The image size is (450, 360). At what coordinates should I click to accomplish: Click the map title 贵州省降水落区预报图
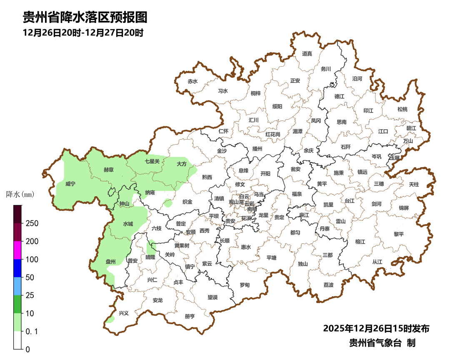pos(85,17)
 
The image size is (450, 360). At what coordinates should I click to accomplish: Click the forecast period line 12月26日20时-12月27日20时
pos(83,32)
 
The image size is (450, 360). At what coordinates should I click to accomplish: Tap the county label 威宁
pos(70,183)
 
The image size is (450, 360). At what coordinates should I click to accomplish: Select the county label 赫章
pos(109,170)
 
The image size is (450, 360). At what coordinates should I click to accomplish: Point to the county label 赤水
pos(192,81)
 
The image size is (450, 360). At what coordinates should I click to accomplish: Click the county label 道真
pos(307,53)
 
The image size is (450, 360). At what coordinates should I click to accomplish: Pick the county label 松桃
pos(402,109)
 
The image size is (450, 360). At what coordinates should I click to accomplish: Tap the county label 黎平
pos(399,234)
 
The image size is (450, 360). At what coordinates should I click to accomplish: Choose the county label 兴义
pos(124,313)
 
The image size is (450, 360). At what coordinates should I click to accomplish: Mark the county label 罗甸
pos(245,285)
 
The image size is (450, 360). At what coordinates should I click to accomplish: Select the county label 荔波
pos(328,285)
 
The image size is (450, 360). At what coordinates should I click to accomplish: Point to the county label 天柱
pos(414,184)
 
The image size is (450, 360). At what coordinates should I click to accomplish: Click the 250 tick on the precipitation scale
pos(32,223)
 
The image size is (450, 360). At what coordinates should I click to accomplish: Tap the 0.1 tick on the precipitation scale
pos(32,332)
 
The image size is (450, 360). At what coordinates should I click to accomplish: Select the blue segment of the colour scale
pos(17,268)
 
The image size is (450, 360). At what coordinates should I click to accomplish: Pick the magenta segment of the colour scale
pos(17,250)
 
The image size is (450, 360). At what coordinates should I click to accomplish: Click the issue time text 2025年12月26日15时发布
pos(376,328)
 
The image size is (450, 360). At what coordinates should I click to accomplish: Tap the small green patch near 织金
pos(168,203)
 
